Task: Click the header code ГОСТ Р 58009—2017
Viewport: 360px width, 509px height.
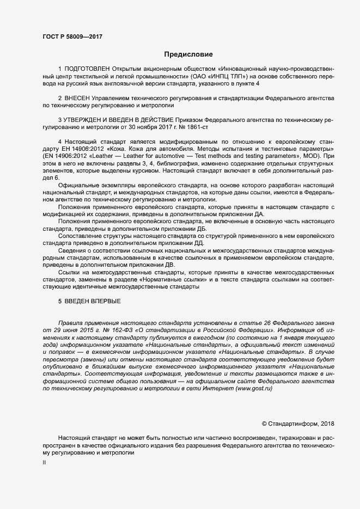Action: [x=72, y=36]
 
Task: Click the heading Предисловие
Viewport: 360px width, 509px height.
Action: [x=188, y=54]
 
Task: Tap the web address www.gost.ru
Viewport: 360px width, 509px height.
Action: [x=253, y=388]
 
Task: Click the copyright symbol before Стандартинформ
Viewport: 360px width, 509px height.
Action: [x=265, y=424]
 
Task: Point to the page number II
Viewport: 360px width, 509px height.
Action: [x=44, y=462]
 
